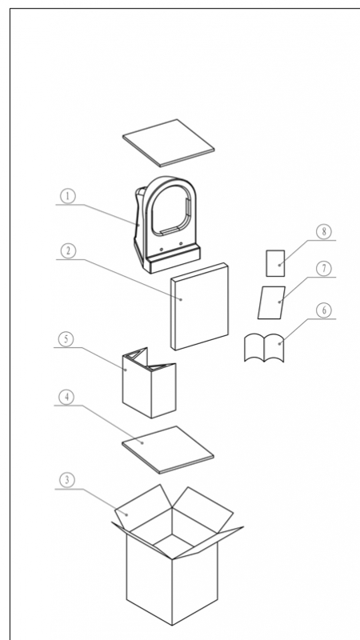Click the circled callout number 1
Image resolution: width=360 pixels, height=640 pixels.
coord(68,196)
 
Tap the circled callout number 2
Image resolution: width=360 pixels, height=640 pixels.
coord(68,251)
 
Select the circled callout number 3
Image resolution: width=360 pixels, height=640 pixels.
coord(67,480)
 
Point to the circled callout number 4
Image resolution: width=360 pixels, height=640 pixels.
coord(66,397)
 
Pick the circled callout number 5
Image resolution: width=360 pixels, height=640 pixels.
coord(66,339)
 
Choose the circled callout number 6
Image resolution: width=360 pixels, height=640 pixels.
coord(324,310)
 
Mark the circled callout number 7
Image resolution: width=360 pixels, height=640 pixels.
coord(324,269)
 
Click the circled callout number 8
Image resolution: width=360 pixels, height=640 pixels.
coord(324,232)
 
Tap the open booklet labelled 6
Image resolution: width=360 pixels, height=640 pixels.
coord(264,348)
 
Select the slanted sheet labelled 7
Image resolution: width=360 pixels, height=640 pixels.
coord(271,302)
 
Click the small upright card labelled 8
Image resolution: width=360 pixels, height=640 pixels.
coord(275,263)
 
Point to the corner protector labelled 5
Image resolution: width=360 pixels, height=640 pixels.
coord(150,382)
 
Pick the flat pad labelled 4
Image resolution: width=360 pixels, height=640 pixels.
coord(168,450)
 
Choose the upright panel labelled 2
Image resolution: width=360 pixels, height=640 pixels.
coord(199,306)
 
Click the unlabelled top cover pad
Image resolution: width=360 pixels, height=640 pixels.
coord(169,143)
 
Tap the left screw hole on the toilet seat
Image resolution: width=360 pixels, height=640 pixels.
coord(162,249)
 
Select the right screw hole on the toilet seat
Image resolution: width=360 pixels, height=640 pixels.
coord(181,244)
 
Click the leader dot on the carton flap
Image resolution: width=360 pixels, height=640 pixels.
coord(127,514)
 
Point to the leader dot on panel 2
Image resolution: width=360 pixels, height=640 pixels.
coord(182,299)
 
